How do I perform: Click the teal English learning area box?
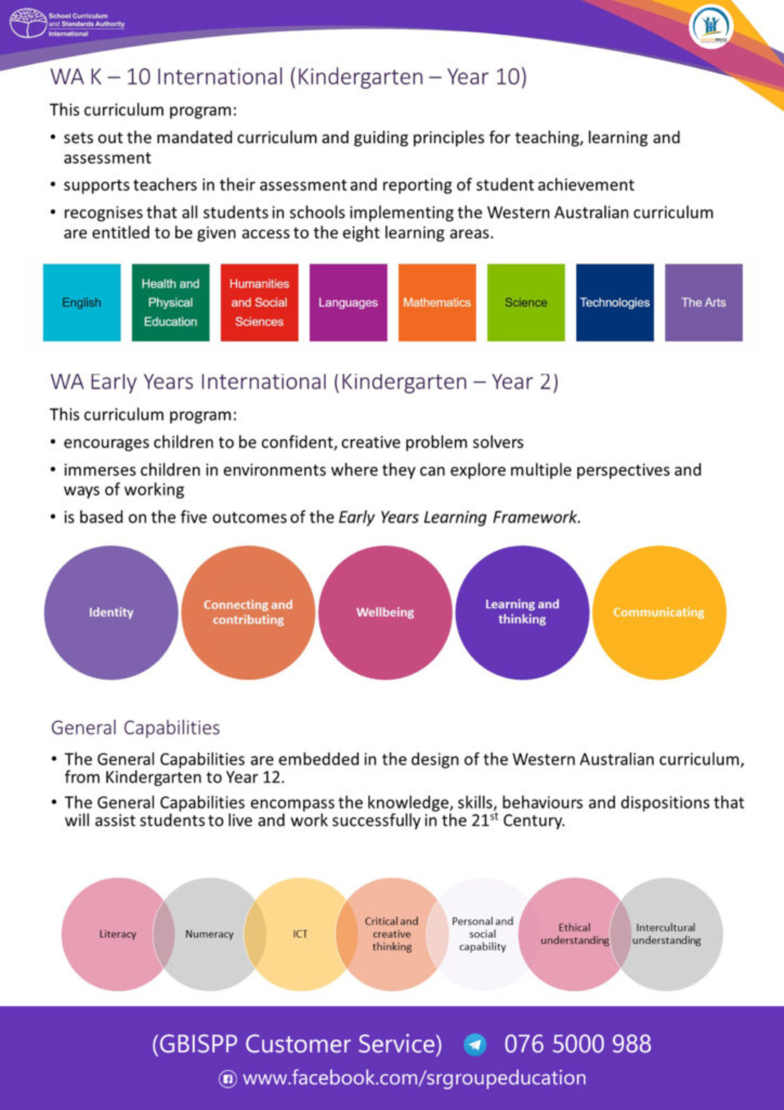tap(82, 302)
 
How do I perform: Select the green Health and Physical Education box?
tap(170, 302)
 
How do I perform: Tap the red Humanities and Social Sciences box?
tap(260, 302)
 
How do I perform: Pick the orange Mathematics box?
tap(437, 302)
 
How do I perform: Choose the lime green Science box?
tap(526, 302)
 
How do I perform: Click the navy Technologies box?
tap(615, 302)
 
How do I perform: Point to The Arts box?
tap(703, 302)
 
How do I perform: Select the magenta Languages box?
tap(348, 302)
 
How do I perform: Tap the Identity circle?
tap(111, 613)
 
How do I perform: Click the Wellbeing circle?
tap(385, 613)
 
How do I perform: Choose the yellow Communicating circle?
tap(659, 613)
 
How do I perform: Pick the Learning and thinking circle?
tap(522, 613)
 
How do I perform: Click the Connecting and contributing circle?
tap(248, 613)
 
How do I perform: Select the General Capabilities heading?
tap(135, 727)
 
